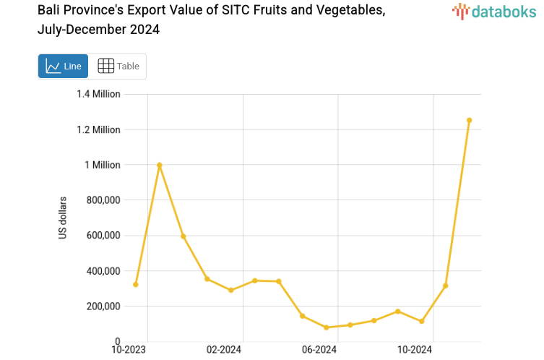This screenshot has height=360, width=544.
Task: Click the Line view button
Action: click(64, 66)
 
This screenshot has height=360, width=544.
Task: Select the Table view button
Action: click(118, 66)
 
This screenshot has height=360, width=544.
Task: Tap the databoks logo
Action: click(494, 11)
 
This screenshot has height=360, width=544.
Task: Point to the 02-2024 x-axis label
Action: click(225, 350)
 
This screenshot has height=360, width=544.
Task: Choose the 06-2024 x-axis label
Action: click(319, 350)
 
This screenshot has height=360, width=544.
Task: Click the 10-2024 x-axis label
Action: click(415, 350)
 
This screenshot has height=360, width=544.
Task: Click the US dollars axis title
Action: click(63, 218)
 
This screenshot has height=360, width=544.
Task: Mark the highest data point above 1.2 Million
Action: click(469, 120)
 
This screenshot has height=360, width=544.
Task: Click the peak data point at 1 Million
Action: click(160, 166)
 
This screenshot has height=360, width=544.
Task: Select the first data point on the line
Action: click(136, 284)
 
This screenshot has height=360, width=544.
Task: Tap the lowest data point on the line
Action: click(327, 327)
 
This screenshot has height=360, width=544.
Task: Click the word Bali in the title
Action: click(50, 10)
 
